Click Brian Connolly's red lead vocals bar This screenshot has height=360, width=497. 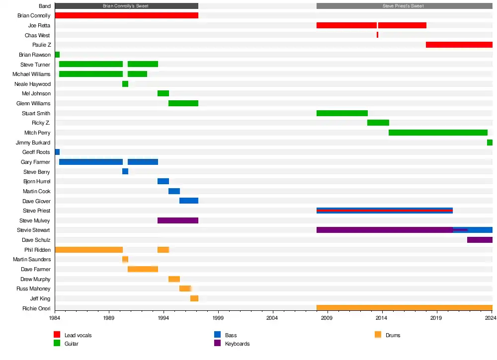point(126,15)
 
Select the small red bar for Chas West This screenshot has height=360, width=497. point(377,35)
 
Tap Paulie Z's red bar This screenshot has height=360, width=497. point(459,45)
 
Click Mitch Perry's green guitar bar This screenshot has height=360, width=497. point(438,133)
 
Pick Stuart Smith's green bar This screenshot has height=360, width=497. point(342,113)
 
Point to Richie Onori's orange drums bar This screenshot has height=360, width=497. point(404,308)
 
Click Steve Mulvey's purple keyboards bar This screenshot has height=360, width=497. point(178,220)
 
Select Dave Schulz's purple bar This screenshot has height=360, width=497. point(480,240)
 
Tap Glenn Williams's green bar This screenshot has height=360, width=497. point(183,103)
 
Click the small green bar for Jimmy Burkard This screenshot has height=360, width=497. point(490,143)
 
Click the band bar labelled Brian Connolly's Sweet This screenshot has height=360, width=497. point(126,6)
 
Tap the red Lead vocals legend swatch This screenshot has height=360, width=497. point(57,335)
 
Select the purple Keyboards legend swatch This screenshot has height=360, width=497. point(217,343)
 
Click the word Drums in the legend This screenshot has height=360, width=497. point(393,335)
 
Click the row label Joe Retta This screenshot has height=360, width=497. point(39,25)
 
